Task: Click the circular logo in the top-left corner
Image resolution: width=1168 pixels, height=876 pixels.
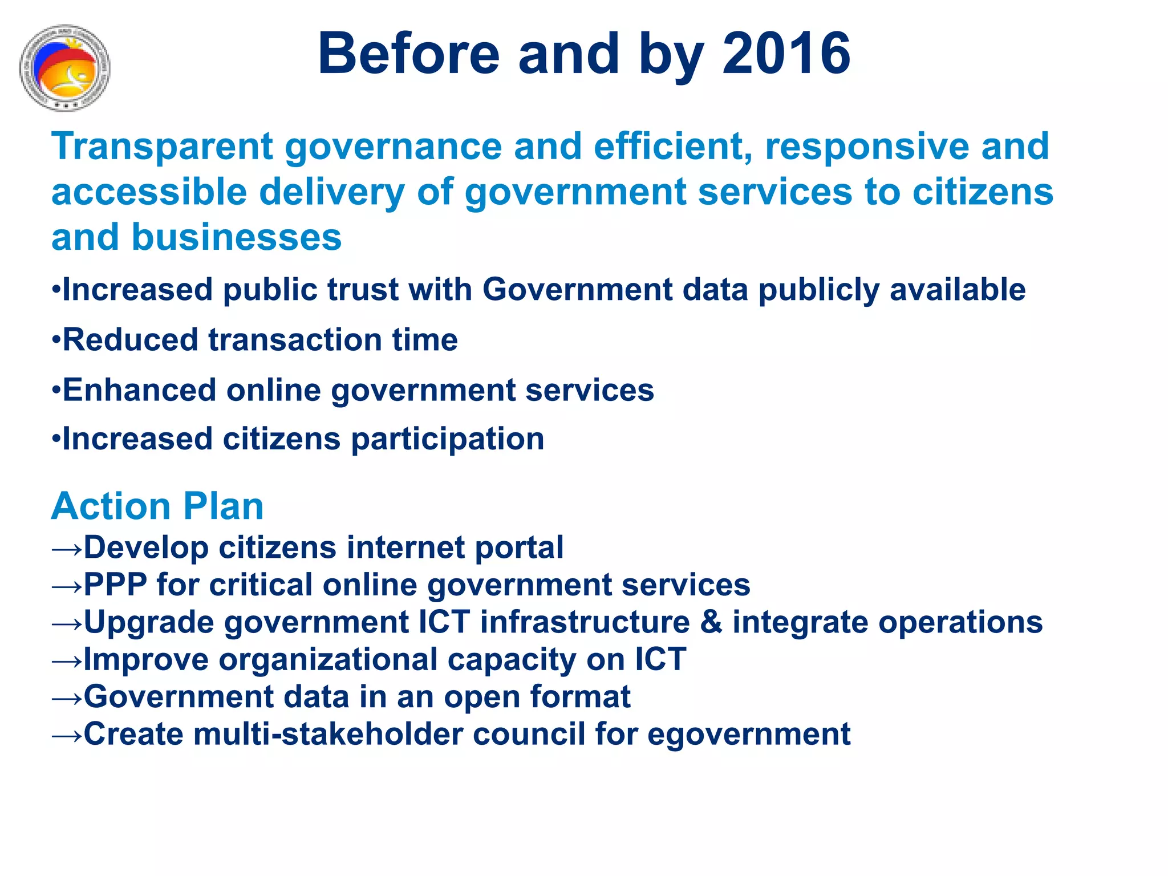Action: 64,67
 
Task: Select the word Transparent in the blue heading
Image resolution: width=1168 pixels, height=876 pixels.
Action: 163,147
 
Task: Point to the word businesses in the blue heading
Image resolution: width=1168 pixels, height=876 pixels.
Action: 237,237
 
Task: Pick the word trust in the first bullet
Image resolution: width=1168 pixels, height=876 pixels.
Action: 363,290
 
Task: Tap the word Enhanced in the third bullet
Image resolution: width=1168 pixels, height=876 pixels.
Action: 139,390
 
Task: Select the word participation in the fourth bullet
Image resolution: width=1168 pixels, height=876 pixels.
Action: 447,439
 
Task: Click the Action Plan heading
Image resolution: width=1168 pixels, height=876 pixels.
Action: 157,506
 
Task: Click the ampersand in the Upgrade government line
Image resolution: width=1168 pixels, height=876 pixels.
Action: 711,622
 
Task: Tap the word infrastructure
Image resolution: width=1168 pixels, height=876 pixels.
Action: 585,622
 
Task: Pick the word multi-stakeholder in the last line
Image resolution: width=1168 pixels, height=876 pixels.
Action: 328,734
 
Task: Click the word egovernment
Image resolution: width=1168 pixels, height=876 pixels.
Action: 748,734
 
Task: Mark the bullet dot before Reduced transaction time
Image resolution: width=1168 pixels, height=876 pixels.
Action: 56,340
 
